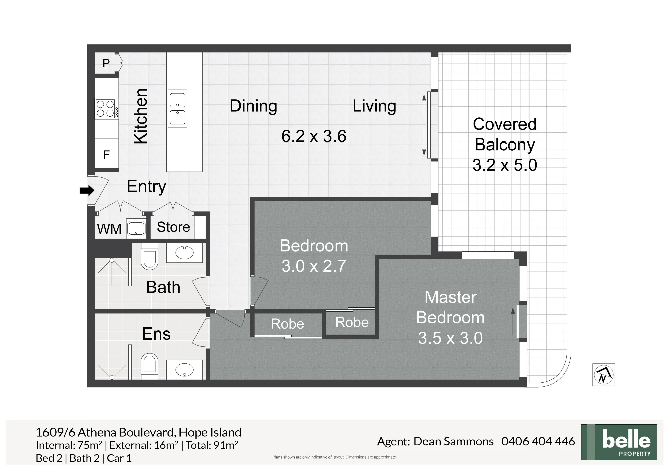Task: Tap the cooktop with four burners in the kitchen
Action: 107,109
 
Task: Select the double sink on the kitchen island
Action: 177,109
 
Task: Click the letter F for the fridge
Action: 106,155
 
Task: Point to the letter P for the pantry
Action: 106,63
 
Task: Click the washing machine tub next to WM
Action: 136,228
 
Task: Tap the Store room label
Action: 173,227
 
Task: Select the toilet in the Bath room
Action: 150,256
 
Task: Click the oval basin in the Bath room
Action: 184,252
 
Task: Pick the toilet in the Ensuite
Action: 150,367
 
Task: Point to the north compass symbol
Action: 604,375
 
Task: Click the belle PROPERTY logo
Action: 619,442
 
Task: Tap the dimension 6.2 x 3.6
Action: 314,136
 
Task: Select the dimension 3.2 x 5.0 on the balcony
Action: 505,165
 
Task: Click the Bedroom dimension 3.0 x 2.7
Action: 314,266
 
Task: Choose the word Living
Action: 374,106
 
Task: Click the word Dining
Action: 254,106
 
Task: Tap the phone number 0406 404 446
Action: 538,441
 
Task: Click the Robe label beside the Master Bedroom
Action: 352,322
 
